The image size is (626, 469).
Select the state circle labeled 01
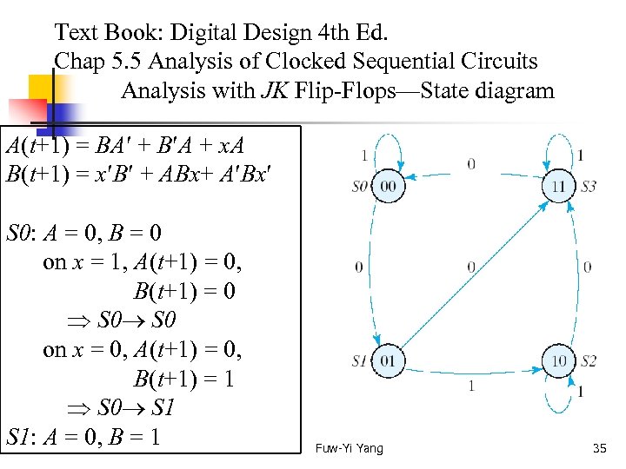pos(388,360)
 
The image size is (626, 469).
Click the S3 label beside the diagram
pos(589,187)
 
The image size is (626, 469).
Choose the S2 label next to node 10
pos(589,360)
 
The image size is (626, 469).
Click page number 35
pos(598,448)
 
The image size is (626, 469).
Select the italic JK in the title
pos(261,90)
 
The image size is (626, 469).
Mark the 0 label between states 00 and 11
pos(470,162)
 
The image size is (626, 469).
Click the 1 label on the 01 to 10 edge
pos(470,385)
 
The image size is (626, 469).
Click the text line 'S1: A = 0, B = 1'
pos(83,435)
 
